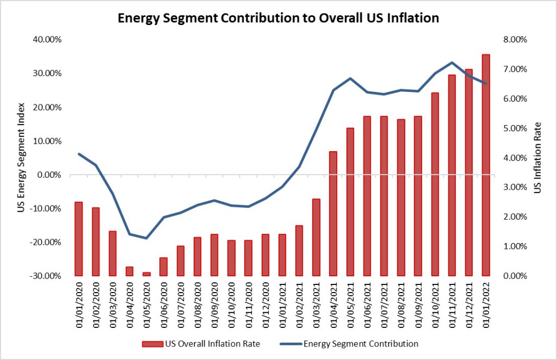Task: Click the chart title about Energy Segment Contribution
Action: pyautogui.click(x=278, y=17)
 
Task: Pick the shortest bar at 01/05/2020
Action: pyautogui.click(x=146, y=274)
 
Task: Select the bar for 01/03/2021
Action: pyautogui.click(x=316, y=237)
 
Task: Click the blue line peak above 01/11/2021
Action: pyautogui.click(x=452, y=63)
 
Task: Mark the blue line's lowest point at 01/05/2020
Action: pyautogui.click(x=146, y=238)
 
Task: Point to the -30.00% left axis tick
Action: pyautogui.click(x=49, y=276)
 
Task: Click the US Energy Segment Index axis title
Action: pyautogui.click(x=21, y=157)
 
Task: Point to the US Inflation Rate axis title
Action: pyautogui.click(x=537, y=157)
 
